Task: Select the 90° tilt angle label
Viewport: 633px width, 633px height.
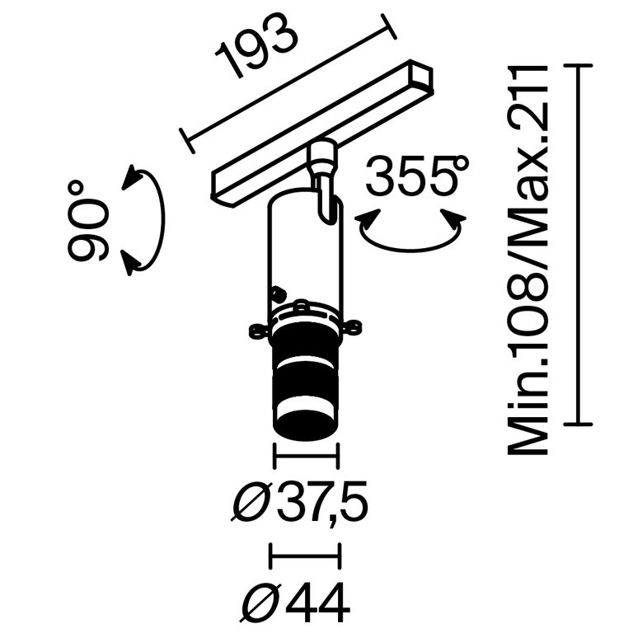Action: tap(88, 221)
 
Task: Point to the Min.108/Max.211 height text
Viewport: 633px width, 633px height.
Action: tap(527, 260)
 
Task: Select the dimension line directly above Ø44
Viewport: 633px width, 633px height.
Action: tap(306, 557)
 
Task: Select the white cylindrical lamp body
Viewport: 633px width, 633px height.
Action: tap(303, 247)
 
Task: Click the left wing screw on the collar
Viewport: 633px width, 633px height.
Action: tap(256, 331)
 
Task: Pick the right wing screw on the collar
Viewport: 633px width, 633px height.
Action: tap(354, 331)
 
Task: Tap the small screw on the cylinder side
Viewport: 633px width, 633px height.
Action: tap(278, 293)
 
